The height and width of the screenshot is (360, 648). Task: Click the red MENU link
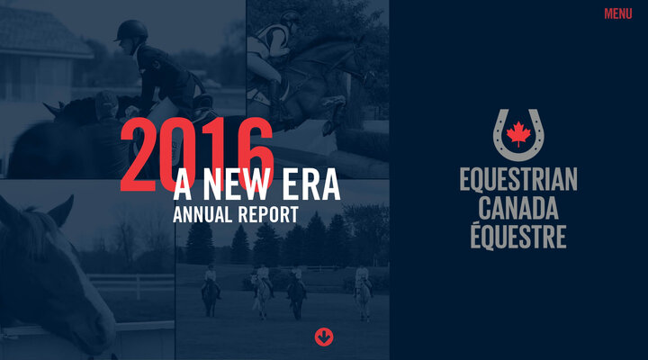click(x=617, y=13)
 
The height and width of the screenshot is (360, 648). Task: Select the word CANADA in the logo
click(x=517, y=209)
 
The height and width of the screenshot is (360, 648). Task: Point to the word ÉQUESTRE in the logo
click(x=517, y=237)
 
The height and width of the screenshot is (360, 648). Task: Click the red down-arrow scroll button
click(x=324, y=337)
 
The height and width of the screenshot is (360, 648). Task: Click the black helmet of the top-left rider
click(x=131, y=31)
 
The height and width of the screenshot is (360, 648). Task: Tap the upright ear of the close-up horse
click(x=61, y=211)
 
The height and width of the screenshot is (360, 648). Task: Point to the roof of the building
click(x=40, y=31)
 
